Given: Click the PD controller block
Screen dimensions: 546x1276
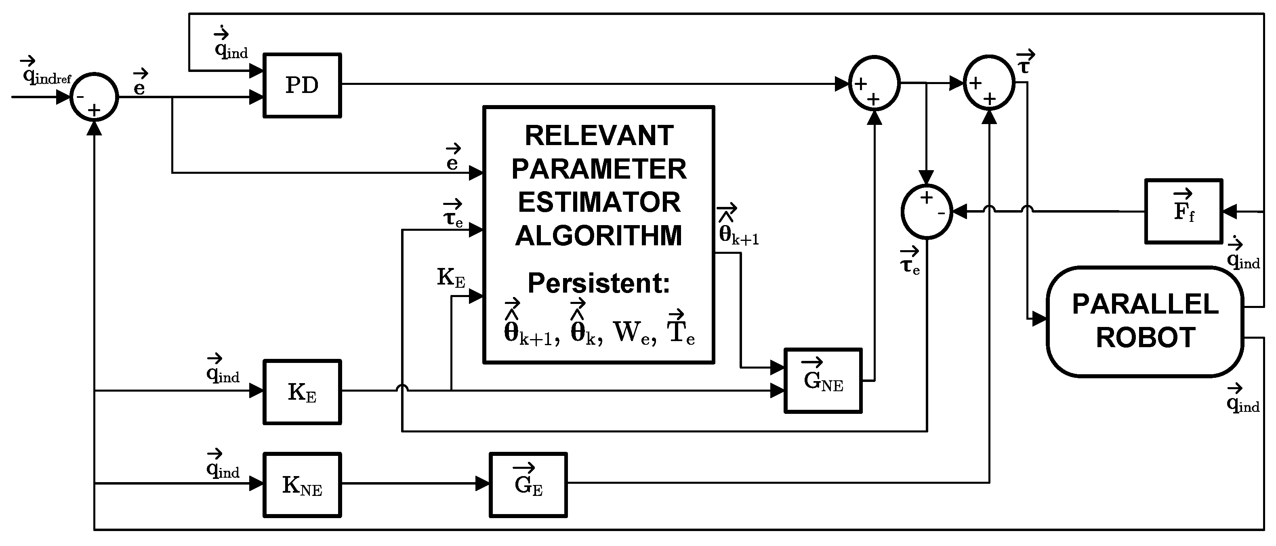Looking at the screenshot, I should [x=302, y=85].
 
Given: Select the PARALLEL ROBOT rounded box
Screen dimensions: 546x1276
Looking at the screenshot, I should [x=1145, y=322].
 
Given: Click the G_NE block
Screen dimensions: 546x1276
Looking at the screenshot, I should [x=823, y=381].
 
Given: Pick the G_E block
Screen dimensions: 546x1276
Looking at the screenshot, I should [x=528, y=485].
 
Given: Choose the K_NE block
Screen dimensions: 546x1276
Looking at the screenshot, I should [x=302, y=485].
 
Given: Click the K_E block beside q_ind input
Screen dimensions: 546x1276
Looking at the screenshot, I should [x=302, y=392].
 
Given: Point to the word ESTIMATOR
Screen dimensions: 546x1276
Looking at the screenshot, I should [x=599, y=202].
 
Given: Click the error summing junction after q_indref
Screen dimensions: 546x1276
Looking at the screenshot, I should [x=94, y=97].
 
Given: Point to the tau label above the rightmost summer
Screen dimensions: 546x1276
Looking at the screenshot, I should [x=1024, y=63].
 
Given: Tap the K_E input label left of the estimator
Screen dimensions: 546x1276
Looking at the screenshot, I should [x=451, y=278].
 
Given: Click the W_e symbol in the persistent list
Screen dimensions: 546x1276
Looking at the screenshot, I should [x=634, y=333].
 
